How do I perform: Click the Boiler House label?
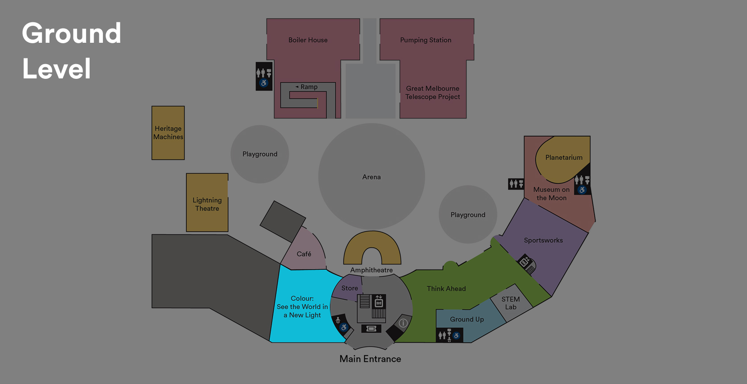pos(308,40)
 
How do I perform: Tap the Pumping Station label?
pos(426,40)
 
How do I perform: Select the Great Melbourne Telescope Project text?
pos(432,93)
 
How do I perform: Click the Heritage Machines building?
pos(168,133)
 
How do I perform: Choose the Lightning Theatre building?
pos(207,203)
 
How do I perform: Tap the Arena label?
pos(371,177)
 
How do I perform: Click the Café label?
pos(304,254)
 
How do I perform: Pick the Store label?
pos(349,288)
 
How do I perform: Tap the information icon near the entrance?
pos(403,323)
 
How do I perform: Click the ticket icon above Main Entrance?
pos(371,329)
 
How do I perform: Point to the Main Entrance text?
pos(370,359)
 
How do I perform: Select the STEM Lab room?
pos(511,303)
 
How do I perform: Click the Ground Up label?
pos(467,319)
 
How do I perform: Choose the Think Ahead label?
pos(446,289)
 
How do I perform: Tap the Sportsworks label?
pos(543,241)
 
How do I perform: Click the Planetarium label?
pos(564,158)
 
